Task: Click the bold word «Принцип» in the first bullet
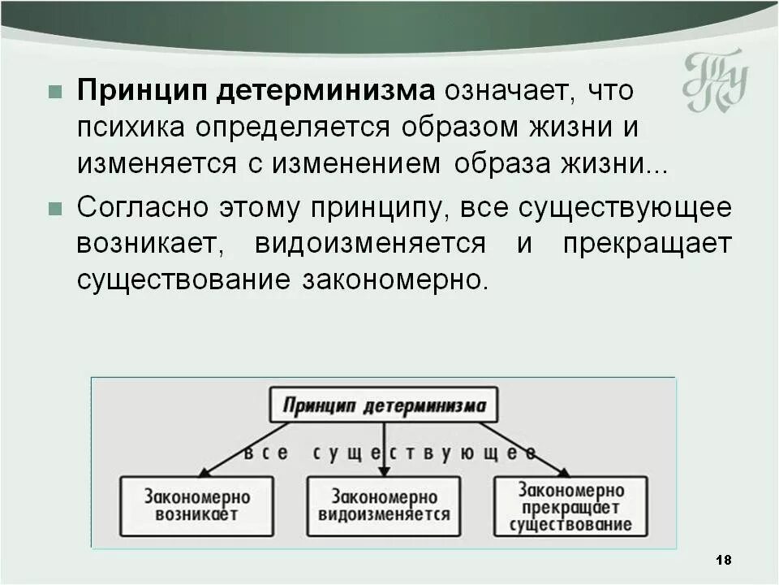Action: point(140,91)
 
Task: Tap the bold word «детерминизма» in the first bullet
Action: point(324,91)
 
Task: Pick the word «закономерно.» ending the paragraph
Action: point(397,279)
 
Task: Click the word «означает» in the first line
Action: point(502,91)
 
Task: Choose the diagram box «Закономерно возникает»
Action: point(197,505)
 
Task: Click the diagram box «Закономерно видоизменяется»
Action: point(384,505)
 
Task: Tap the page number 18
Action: point(725,560)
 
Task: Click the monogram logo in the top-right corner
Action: point(714,81)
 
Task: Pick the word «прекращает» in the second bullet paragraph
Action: point(647,243)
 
